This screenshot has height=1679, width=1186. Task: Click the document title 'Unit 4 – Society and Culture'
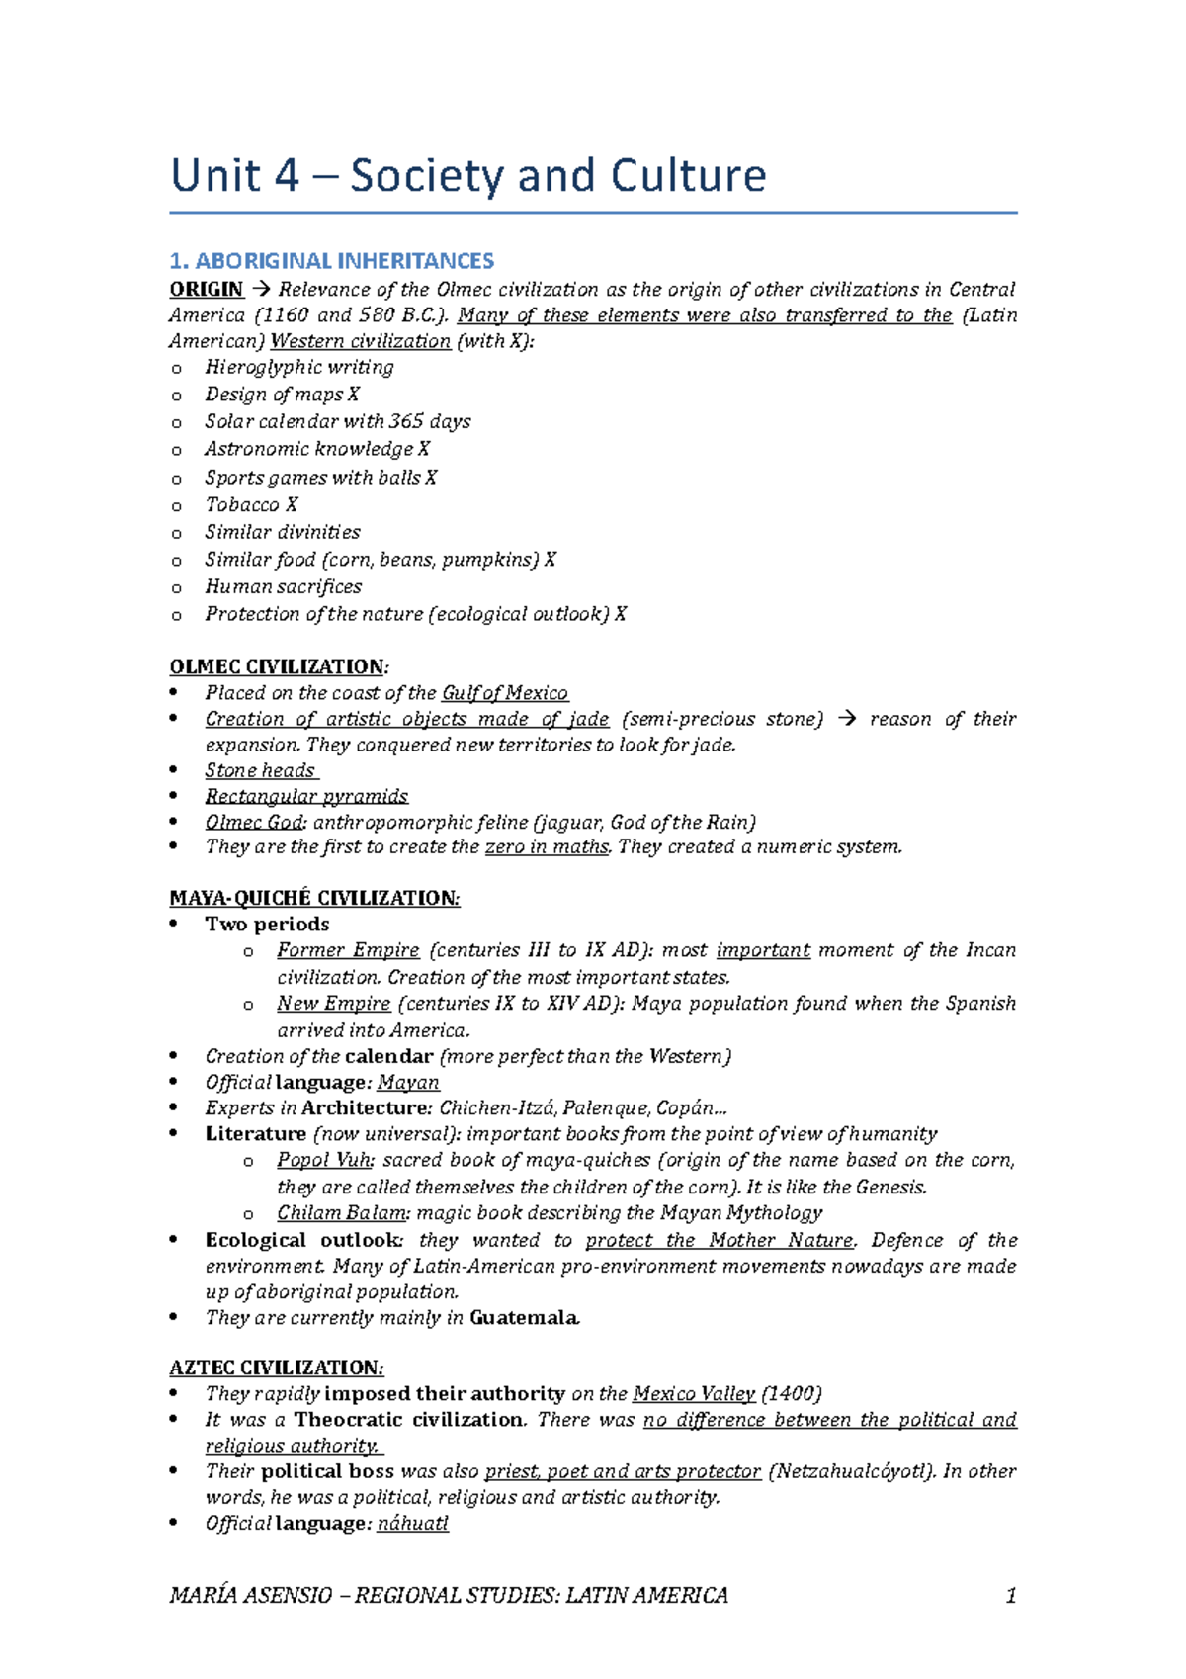[468, 176]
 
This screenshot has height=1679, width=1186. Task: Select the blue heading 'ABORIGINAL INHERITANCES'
[344, 261]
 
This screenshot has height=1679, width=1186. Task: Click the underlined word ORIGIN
[207, 290]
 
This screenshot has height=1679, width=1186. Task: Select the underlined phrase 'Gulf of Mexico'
[505, 693]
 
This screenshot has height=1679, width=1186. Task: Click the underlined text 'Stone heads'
[260, 770]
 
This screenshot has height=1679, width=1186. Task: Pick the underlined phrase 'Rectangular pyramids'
[306, 796]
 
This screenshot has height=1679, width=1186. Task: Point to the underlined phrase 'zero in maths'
[547, 847]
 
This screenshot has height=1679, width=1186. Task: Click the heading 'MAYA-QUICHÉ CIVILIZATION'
[314, 898]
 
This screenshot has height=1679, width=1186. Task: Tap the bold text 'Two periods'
[267, 925]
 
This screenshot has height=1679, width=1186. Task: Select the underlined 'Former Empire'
[348, 950]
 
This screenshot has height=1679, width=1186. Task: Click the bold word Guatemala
[524, 1318]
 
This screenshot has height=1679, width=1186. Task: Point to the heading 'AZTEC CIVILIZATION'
[276, 1368]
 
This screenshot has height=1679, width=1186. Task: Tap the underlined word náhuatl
[413, 1524]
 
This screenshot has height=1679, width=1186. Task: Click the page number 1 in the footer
[1010, 1595]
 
